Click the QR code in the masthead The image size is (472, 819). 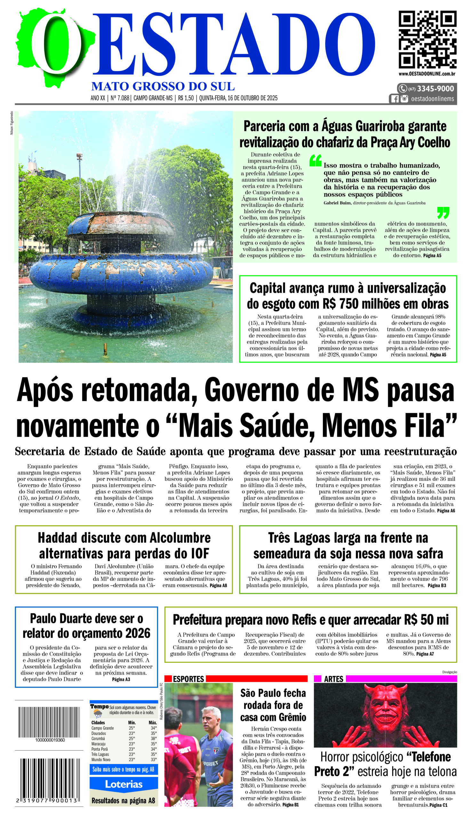click(427, 39)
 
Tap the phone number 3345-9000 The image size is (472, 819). click(435, 89)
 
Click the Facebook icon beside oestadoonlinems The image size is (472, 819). click(395, 99)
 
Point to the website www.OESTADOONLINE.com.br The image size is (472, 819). click(427, 74)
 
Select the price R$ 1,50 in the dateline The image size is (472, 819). click(186, 98)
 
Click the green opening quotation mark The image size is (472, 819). click(315, 160)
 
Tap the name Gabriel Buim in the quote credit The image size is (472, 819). click(337, 203)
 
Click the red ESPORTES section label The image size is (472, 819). click(188, 679)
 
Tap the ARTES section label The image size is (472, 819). click(333, 679)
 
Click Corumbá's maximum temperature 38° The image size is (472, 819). click(153, 739)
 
